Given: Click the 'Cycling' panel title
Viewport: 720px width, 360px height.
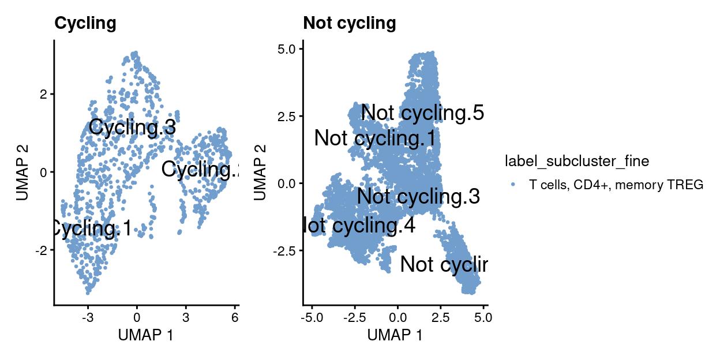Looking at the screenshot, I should pos(85,23).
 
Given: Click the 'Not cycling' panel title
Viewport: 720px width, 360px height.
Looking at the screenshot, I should pos(350,23).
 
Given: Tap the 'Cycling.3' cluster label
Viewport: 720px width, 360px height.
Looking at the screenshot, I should pos(132,127).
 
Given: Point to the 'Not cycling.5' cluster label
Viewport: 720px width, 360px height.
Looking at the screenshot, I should pos(422,113).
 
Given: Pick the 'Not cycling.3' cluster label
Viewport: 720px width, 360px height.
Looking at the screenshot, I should pos(418,197).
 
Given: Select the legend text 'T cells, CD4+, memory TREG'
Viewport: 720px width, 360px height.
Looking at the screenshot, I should pos(616,185).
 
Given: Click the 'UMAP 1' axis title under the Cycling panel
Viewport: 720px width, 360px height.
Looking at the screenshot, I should pos(145,335).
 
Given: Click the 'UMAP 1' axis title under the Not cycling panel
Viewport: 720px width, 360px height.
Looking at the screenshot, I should pos(395,335).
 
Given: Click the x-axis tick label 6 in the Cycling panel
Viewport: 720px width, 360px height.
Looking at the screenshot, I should pos(234,318).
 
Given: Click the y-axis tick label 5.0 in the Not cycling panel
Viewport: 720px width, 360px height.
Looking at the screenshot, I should pos(285,50).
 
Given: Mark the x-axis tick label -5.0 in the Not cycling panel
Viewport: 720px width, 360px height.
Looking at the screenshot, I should pos(310,318).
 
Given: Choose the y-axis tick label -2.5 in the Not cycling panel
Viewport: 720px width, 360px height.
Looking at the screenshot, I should pos(283,251).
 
